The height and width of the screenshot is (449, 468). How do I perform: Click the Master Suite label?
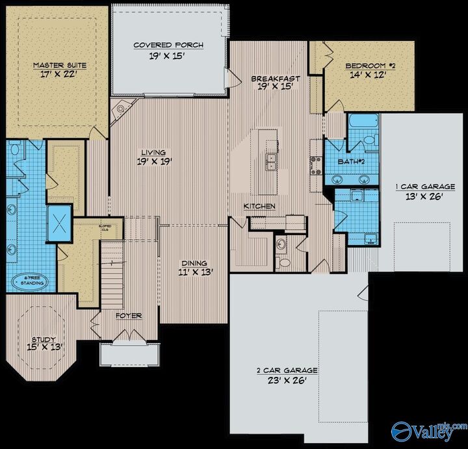coord(60,65)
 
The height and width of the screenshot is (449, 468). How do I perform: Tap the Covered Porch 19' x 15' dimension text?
coord(168,56)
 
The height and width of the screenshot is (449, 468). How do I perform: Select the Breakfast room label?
coord(275,79)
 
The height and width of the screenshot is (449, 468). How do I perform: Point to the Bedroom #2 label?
coord(369,66)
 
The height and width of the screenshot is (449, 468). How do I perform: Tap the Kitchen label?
coord(259,206)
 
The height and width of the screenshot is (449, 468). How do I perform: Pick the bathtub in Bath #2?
coord(363,122)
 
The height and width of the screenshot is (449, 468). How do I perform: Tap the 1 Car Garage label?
coord(425,187)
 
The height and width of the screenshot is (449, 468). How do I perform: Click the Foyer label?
coord(129,316)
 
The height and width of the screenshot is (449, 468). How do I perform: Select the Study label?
coord(45,339)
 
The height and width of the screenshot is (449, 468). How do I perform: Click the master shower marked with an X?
coord(60,223)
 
